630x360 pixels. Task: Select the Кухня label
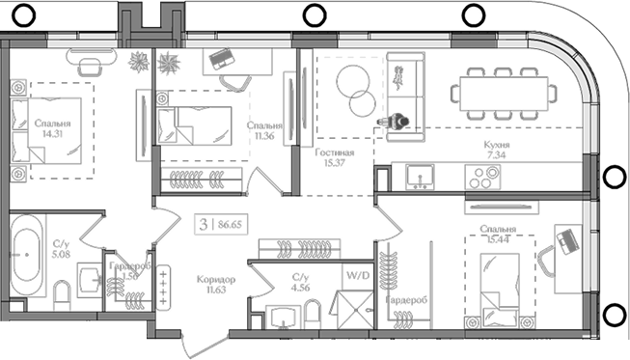497,145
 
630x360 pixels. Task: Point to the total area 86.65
232,223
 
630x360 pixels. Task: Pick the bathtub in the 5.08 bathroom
27,248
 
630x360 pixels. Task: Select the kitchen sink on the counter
420,176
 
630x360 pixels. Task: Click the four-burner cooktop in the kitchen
482,177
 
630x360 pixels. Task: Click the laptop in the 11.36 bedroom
223,58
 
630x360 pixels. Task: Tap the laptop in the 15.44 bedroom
566,236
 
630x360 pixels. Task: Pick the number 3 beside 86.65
203,223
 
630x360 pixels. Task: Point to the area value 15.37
334,164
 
